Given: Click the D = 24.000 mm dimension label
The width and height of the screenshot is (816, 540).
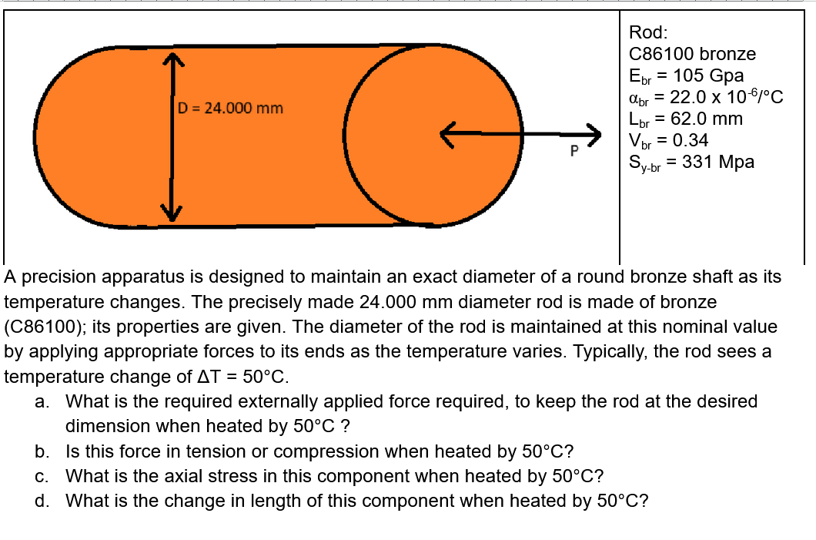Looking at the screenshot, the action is [230, 108].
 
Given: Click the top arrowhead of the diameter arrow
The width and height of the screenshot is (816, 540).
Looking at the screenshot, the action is [172, 60].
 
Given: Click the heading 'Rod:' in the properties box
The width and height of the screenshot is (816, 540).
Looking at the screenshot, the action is [648, 32].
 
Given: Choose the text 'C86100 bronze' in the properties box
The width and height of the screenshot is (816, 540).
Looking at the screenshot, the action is [692, 54].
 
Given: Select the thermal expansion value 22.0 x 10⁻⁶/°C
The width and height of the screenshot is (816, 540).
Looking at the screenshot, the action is [727, 97].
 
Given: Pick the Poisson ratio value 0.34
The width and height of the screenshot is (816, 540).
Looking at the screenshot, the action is [690, 140].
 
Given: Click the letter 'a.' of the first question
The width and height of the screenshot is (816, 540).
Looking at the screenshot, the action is [43, 401].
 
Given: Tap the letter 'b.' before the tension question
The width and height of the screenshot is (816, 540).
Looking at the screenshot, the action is [43, 451].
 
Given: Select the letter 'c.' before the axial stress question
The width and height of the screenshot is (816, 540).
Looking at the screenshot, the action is [43, 475].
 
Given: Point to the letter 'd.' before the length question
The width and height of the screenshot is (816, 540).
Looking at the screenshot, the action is [43, 501].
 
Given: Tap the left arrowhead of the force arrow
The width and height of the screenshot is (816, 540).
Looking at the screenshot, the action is [448, 132].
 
